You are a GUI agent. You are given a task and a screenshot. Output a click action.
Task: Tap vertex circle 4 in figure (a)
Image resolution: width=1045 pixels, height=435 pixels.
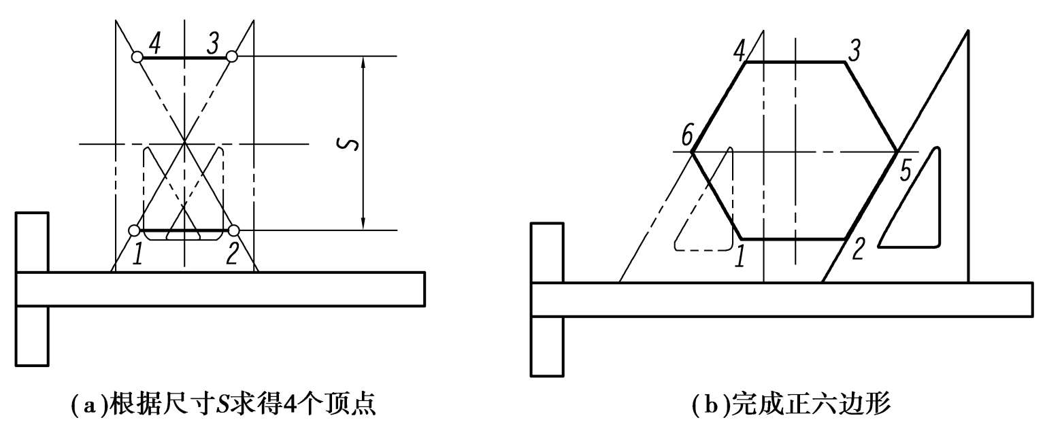[x=137, y=57]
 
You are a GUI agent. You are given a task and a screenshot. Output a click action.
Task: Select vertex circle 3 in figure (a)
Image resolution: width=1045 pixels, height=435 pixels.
[x=232, y=56]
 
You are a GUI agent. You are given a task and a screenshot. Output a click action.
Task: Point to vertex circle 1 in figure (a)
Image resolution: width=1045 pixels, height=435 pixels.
[x=135, y=230]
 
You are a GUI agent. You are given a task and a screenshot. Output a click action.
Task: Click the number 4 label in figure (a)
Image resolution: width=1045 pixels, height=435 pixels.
[x=155, y=45]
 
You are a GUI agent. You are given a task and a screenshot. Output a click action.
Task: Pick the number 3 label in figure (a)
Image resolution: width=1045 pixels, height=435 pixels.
[x=213, y=45]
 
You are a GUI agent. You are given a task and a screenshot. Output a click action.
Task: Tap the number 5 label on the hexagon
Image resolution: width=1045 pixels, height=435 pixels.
[x=906, y=170]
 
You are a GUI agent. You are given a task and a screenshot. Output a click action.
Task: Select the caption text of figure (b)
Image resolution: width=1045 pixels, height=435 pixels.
[x=790, y=406]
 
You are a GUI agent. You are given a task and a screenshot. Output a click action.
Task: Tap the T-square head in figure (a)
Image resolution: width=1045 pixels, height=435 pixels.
[x=32, y=289]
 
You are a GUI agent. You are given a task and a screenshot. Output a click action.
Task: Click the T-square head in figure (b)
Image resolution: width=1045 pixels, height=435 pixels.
[x=547, y=299]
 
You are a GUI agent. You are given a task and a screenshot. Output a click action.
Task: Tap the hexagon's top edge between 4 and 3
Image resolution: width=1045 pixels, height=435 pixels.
[x=796, y=62]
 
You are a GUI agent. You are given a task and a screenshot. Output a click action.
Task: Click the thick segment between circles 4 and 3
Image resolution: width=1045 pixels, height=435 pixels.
[x=184, y=57]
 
